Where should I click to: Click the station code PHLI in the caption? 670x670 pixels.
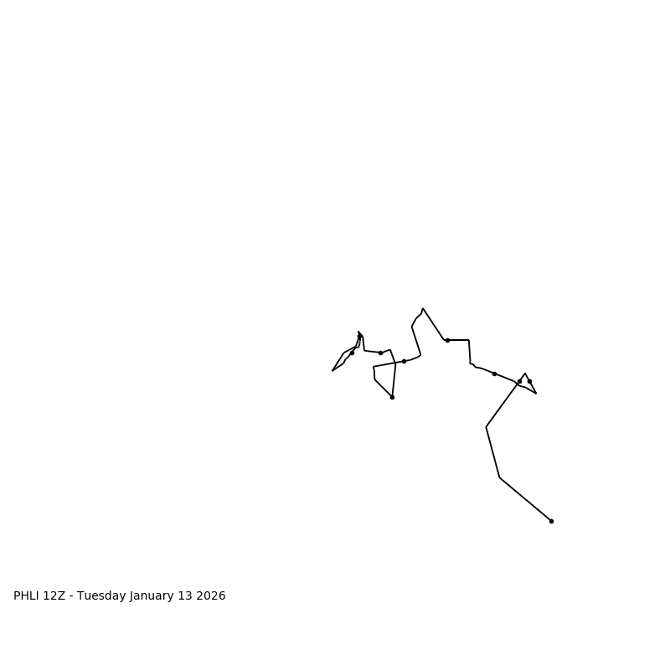28,596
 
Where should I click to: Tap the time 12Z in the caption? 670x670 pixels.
54,596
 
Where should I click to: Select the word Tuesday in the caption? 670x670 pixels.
101,596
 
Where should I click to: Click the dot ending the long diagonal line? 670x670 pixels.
551,521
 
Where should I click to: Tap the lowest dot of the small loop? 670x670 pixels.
392,397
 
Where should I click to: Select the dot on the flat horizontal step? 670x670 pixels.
447,340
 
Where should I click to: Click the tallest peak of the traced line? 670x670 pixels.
423,308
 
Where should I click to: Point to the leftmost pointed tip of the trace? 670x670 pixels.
332,370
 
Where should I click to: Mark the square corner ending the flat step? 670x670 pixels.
469,340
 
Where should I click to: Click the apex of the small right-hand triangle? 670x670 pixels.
525,374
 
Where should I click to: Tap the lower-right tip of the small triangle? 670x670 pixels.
536,394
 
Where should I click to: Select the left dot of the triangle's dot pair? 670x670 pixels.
519,382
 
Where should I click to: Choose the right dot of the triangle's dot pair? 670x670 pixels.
529,381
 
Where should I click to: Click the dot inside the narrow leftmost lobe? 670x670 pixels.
352,353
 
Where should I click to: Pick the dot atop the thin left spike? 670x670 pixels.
360,337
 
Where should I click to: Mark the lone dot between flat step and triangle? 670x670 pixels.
494,374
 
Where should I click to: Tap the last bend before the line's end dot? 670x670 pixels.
499,477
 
